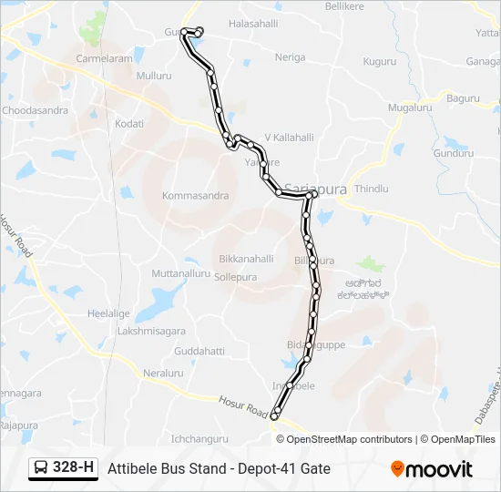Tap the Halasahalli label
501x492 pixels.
coord(253,23)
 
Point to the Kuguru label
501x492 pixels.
coord(379,61)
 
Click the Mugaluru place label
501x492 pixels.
coord(409,108)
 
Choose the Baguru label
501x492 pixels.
coord(463,97)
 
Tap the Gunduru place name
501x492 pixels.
coord(455,153)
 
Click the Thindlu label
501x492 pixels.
coord(372,189)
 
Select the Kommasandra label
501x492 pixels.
coord(195,196)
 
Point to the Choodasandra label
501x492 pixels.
coord(36,110)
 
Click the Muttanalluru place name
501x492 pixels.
coord(180,273)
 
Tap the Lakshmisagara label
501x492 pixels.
coord(151,331)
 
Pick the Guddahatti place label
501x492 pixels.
coord(199,351)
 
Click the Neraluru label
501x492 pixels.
coord(163,374)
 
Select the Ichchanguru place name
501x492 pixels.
coord(199,438)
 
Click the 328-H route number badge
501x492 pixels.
coord(63,468)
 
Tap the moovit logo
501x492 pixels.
coord(432,469)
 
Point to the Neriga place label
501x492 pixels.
coord(291,56)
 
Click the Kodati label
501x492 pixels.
coord(129,123)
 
